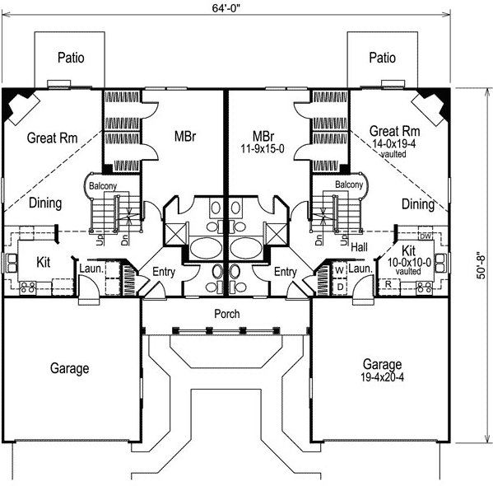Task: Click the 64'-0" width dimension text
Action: click(x=226, y=8)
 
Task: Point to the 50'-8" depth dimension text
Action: click(x=481, y=266)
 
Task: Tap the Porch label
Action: click(x=226, y=314)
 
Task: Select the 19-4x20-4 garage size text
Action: click(x=383, y=376)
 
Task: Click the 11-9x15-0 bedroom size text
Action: click(x=263, y=148)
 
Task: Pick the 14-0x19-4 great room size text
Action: click(x=394, y=143)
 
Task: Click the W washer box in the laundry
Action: click(x=340, y=270)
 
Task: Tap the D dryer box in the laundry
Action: click(x=340, y=287)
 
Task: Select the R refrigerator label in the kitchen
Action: click(x=388, y=284)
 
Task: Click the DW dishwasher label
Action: click(x=425, y=236)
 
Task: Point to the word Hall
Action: click(x=359, y=247)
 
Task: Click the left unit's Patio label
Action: click(x=71, y=58)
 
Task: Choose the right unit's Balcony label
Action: click(x=349, y=185)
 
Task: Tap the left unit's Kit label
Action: click(x=43, y=262)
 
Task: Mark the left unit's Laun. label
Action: click(x=91, y=269)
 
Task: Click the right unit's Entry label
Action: click(x=285, y=272)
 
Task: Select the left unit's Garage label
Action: click(x=69, y=368)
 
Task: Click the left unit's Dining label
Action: click(x=45, y=203)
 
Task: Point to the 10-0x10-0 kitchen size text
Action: click(x=409, y=262)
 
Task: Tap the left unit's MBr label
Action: click(x=185, y=137)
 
